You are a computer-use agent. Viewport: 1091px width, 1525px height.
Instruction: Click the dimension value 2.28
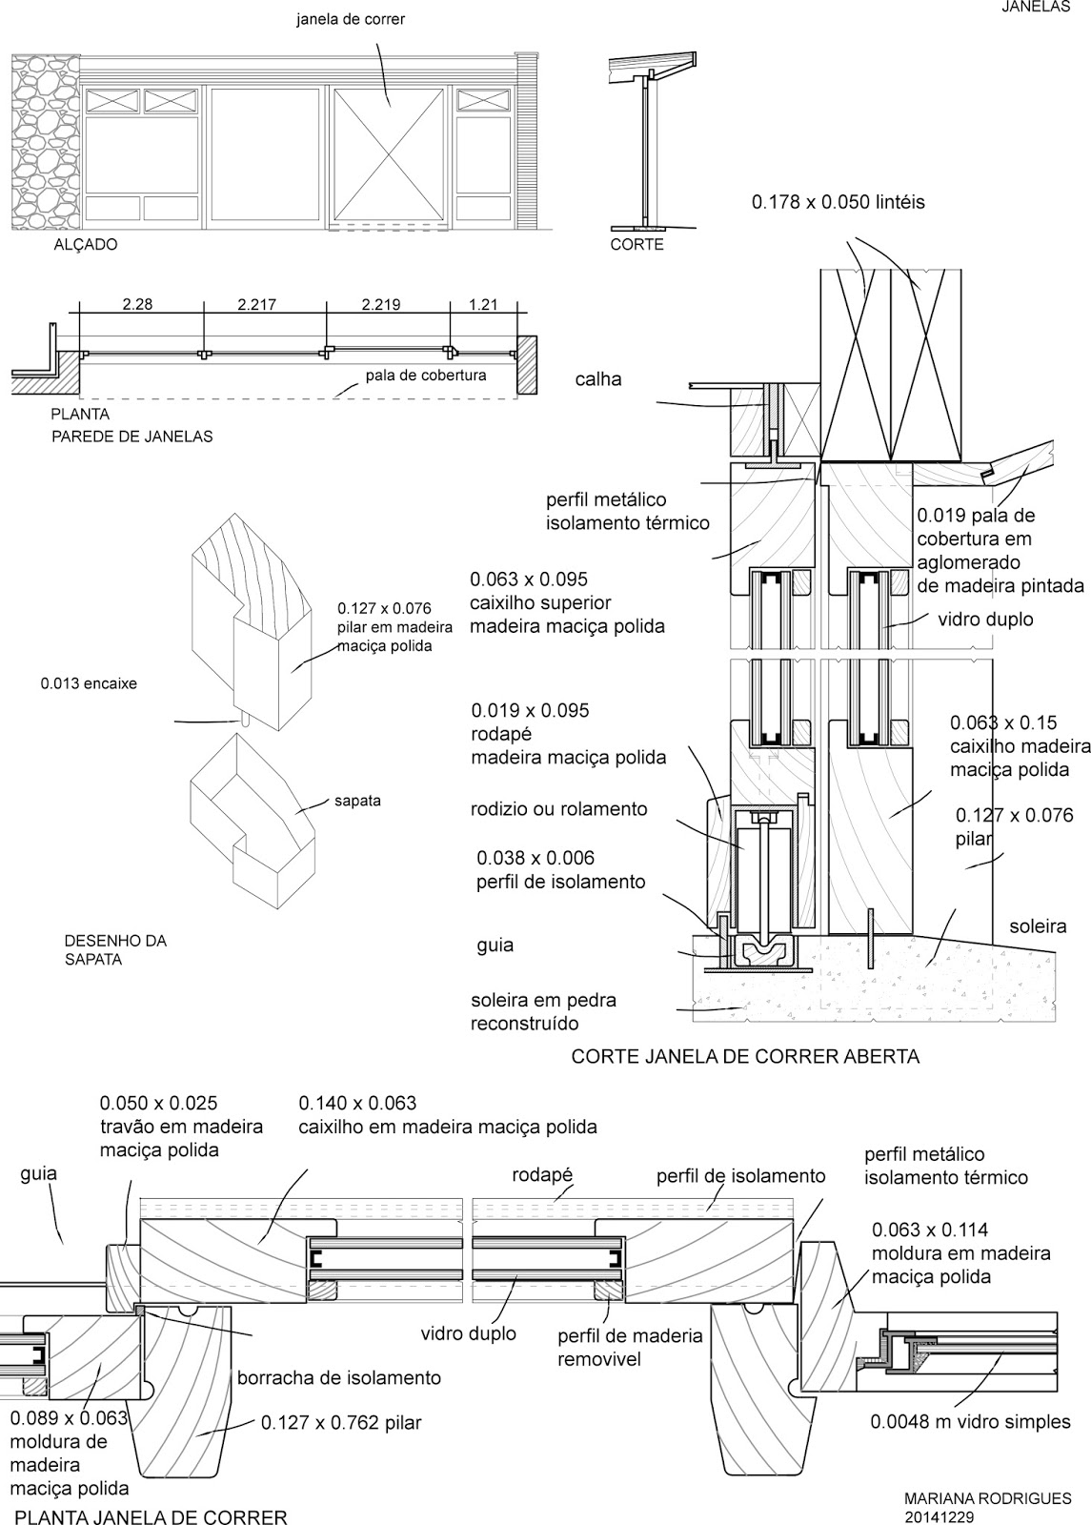tap(137, 305)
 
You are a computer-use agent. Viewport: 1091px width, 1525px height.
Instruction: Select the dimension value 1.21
tap(483, 305)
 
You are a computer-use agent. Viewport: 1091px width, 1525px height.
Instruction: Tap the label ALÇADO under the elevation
tap(85, 245)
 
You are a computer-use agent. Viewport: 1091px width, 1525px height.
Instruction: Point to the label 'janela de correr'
tap(351, 19)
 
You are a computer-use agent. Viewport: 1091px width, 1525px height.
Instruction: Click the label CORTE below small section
tap(636, 245)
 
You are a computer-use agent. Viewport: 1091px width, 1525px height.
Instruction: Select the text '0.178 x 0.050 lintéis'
tap(838, 202)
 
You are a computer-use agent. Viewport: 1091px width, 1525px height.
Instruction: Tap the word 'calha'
tap(597, 379)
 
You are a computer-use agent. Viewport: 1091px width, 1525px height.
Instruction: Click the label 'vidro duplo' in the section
tap(985, 620)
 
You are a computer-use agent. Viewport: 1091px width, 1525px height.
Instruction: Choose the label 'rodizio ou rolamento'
tap(559, 809)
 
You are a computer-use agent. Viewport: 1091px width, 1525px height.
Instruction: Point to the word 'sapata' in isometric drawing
tap(357, 801)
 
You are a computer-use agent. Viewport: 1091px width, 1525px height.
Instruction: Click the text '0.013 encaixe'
tap(89, 683)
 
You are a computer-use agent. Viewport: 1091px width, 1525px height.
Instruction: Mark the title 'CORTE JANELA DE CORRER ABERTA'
tap(745, 1056)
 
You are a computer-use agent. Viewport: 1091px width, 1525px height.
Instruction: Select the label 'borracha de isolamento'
tap(338, 1377)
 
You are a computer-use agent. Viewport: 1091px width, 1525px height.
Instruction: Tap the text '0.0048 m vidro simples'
tap(970, 1422)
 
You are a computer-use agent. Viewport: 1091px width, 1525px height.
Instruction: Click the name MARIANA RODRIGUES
tap(987, 1498)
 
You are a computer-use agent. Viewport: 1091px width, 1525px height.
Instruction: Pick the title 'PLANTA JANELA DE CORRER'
tap(152, 1515)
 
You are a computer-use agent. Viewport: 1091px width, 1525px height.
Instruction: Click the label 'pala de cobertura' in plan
tap(426, 376)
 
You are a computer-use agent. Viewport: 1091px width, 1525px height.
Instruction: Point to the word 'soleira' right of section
tap(1038, 926)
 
